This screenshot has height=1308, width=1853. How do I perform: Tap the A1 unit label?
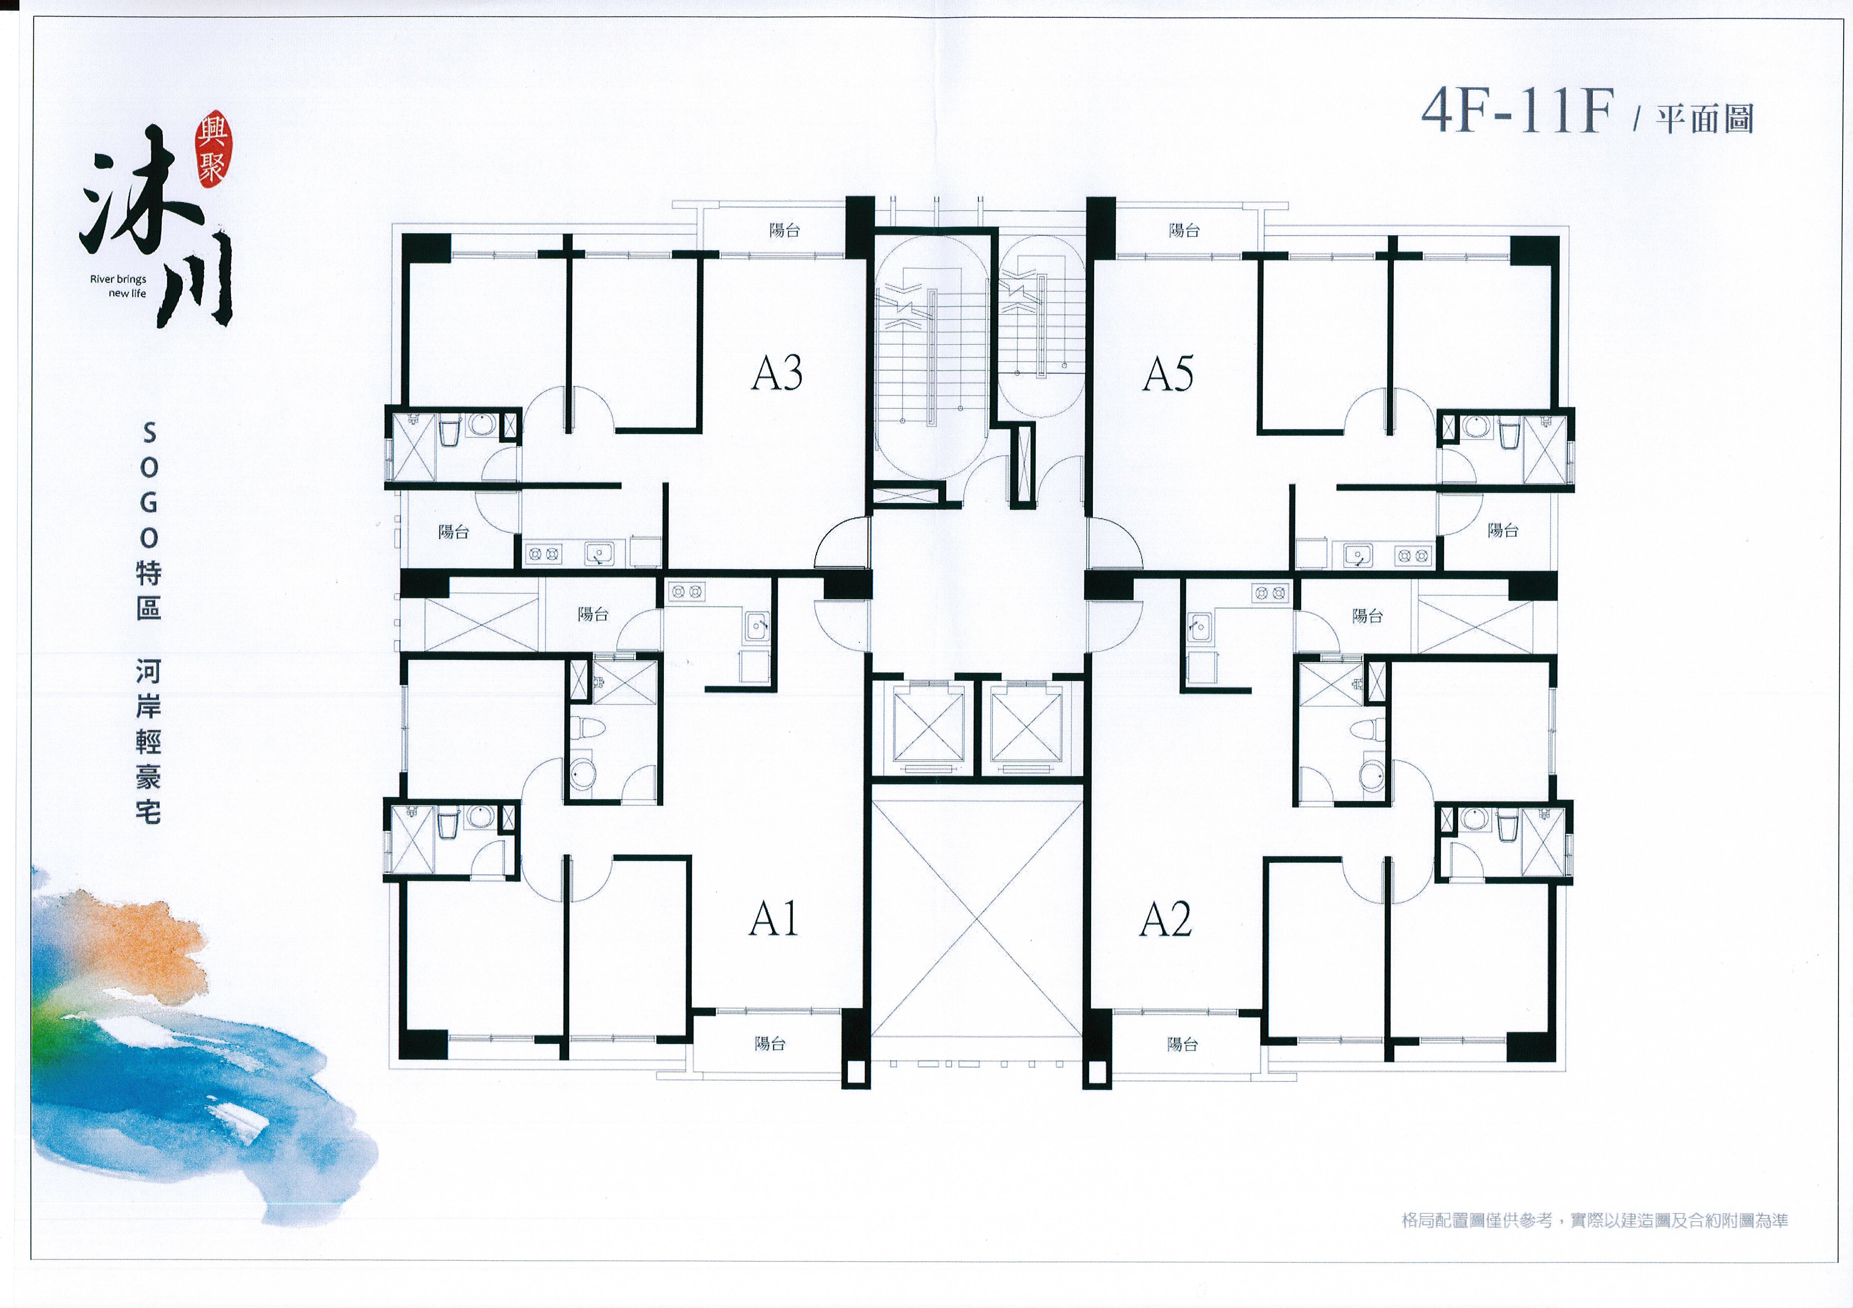[773, 919]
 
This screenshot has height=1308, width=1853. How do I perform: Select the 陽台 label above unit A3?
[784, 230]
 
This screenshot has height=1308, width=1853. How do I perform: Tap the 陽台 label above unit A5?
[1184, 230]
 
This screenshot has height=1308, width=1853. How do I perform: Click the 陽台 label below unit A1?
[770, 1043]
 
